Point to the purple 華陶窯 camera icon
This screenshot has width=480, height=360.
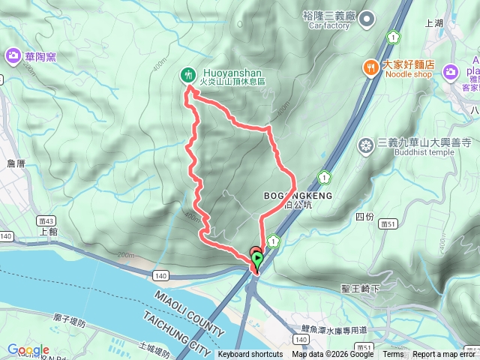[x=13, y=55]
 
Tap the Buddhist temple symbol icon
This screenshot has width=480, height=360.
[x=366, y=144]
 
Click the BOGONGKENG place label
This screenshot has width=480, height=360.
[x=298, y=195]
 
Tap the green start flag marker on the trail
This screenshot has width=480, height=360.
[x=257, y=260]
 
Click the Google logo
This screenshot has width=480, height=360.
[x=28, y=350]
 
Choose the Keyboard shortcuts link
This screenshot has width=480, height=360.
[x=250, y=355]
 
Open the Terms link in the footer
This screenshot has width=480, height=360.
[x=393, y=355]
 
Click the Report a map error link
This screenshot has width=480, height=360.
[x=444, y=355]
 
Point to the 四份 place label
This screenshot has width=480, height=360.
[x=364, y=216]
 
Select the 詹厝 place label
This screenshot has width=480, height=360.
[x=16, y=163]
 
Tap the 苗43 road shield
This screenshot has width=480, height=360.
[x=44, y=220]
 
